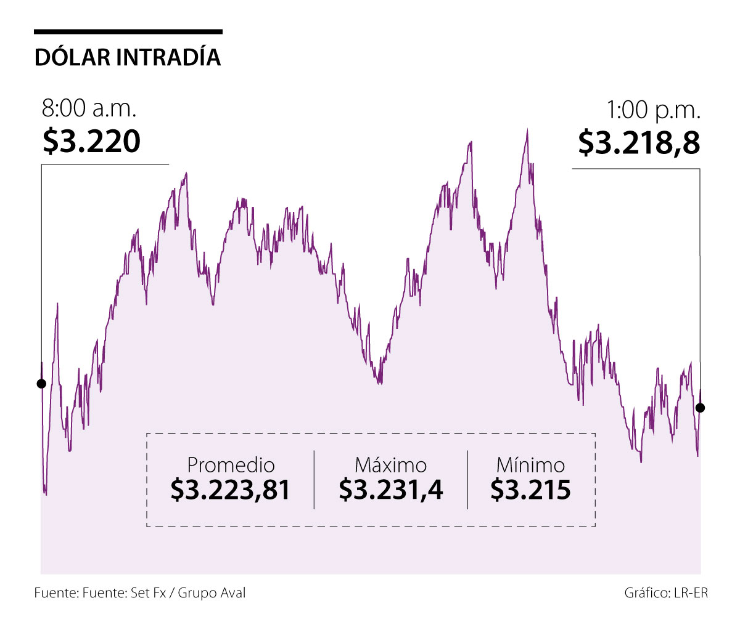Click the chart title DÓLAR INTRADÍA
pyautogui.click(x=128, y=57)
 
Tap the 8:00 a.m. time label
pyautogui.click(x=89, y=109)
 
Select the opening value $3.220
pyautogui.click(x=91, y=141)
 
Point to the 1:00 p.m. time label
pyautogui.click(x=654, y=110)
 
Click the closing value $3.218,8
pyautogui.click(x=639, y=142)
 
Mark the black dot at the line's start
pyautogui.click(x=41, y=384)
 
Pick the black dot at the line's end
pyautogui.click(x=700, y=408)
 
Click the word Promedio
pyautogui.click(x=231, y=465)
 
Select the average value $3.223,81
pyautogui.click(x=231, y=490)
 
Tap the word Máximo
pyautogui.click(x=390, y=465)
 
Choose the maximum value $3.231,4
pyautogui.click(x=390, y=490)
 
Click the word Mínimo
pyautogui.click(x=530, y=465)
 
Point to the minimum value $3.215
pyautogui.click(x=530, y=490)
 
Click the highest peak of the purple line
pyautogui.click(x=527, y=129)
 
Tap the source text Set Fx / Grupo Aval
pyautogui.click(x=188, y=593)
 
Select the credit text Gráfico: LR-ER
pyautogui.click(x=666, y=593)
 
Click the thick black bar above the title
pyautogui.click(x=128, y=31)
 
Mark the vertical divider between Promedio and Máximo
pyautogui.click(x=314, y=480)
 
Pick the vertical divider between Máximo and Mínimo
pyautogui.click(x=467, y=480)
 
